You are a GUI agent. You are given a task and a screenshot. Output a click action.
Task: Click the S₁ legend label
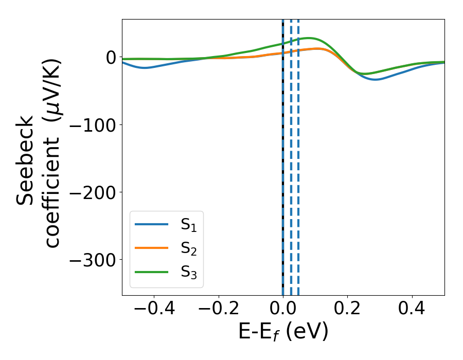(x=188, y=225)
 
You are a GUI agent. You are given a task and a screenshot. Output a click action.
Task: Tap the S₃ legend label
(x=188, y=272)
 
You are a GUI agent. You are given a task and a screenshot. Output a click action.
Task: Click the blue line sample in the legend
(x=152, y=225)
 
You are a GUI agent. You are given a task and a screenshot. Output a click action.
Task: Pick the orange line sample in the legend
(x=152, y=248)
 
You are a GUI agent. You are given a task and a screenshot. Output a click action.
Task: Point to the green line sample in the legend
(x=152, y=272)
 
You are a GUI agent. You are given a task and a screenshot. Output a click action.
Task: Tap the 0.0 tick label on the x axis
(x=283, y=310)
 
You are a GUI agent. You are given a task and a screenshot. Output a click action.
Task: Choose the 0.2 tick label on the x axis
(x=348, y=310)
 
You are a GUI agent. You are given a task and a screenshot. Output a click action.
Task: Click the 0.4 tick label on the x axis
(x=412, y=310)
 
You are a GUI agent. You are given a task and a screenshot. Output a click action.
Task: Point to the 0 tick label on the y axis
(x=110, y=57)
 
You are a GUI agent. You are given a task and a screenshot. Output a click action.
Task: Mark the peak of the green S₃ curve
(x=309, y=38)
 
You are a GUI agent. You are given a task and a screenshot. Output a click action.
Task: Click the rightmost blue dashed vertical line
(x=298, y=154)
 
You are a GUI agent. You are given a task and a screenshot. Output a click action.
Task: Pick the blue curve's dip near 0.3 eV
(x=376, y=79)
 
